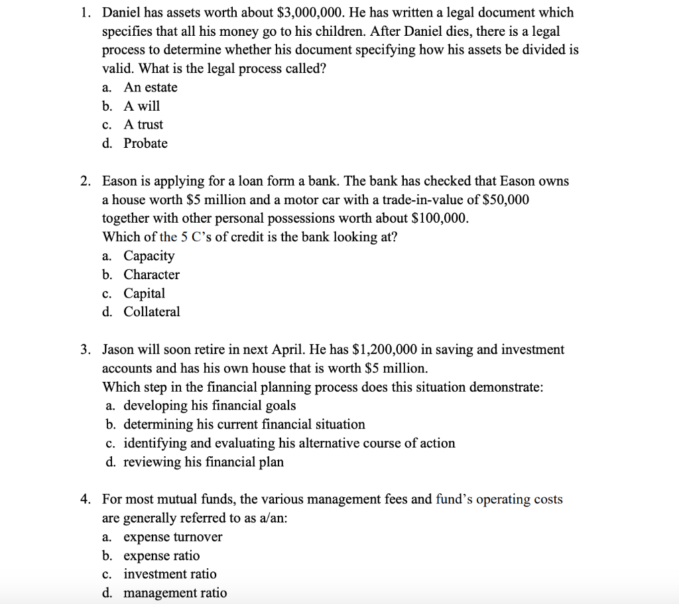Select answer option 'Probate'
click(145, 143)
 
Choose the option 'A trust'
click(143, 125)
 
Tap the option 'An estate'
click(150, 88)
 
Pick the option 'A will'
click(141, 106)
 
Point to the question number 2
click(87, 181)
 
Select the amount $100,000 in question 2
click(440, 218)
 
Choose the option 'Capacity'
click(149, 256)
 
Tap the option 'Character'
click(151, 274)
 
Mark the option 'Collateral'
click(151, 312)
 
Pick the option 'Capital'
click(144, 293)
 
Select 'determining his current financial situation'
click(244, 424)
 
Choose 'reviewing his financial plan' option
click(203, 462)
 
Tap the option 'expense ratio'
click(161, 556)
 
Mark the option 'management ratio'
click(174, 593)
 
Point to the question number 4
click(87, 499)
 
